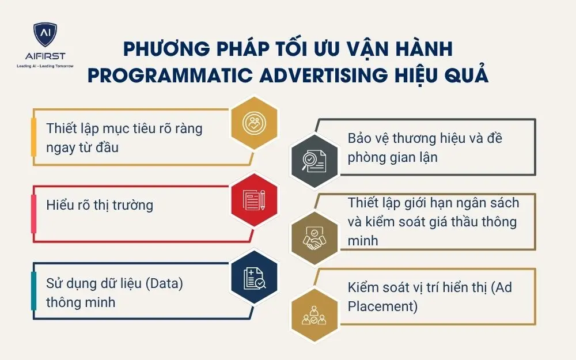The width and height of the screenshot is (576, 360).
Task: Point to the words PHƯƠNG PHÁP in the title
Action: pos(190,48)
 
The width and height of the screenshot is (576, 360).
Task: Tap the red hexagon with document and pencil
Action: pos(254,200)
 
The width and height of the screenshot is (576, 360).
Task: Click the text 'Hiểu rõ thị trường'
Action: pos(100,204)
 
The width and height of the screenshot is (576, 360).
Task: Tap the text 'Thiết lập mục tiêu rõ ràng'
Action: pos(124,128)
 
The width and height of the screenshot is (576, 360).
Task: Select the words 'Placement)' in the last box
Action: pos(382,306)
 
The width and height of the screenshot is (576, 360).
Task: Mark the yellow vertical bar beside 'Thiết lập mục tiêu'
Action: pos(34,138)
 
